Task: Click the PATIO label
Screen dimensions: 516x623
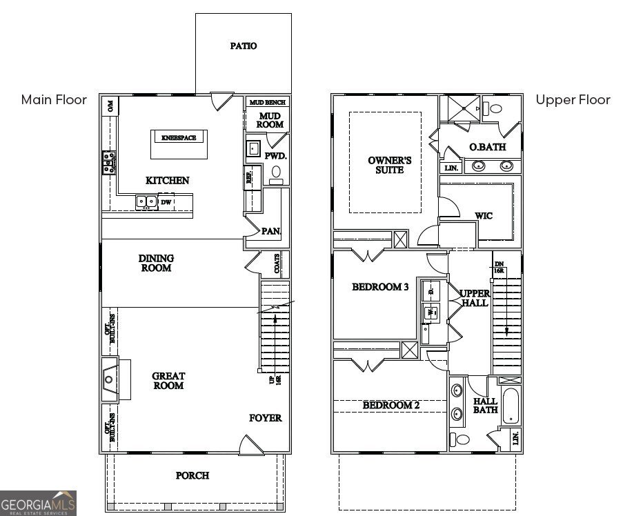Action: click(243, 46)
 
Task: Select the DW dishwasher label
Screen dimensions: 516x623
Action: click(166, 202)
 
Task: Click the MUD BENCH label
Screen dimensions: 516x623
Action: click(267, 102)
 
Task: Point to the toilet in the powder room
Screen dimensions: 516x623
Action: click(276, 172)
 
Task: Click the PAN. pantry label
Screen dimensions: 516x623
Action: click(270, 231)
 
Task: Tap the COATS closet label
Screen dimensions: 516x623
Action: click(277, 265)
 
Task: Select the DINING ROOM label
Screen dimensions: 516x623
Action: click(157, 263)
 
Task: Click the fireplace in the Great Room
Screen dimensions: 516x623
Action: click(110, 379)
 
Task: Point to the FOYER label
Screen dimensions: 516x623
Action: click(266, 418)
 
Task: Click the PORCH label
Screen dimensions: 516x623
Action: click(192, 475)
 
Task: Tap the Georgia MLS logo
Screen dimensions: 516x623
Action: click(38, 503)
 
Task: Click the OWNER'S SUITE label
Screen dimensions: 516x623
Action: click(389, 165)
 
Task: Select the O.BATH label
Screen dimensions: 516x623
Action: click(488, 147)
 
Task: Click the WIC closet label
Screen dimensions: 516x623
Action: click(484, 216)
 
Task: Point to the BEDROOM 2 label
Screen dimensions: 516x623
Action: click(391, 406)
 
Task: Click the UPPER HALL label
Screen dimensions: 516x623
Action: click(475, 298)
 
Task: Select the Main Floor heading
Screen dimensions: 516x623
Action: click(54, 100)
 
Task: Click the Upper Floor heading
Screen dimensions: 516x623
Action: click(573, 100)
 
